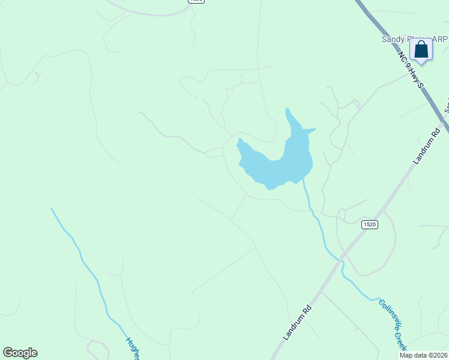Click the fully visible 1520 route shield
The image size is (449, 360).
pos(370,224)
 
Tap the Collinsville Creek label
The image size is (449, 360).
pos(393,325)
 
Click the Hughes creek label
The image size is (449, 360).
pos(133,349)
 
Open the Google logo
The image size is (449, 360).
pos(20,353)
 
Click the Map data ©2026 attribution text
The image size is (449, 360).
pos(423,355)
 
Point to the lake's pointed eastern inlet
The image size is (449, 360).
pos(312,130)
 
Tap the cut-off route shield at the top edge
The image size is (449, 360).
pos(196,1)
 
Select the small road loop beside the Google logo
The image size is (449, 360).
pos(96,348)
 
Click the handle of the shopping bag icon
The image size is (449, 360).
pos(421,43)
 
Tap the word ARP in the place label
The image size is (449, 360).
pos(439,39)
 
